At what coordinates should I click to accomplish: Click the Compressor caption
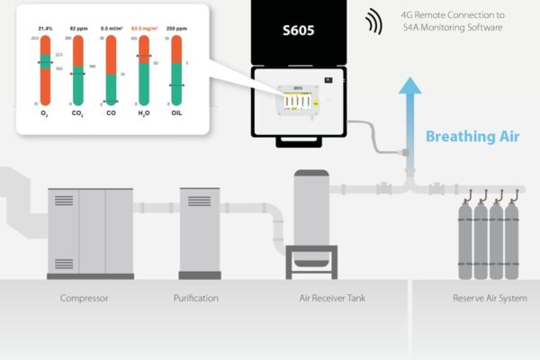pos(84,298)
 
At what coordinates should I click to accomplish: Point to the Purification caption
pos(195,298)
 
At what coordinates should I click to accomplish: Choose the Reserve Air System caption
pos(490,298)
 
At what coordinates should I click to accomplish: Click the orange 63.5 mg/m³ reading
pos(144,28)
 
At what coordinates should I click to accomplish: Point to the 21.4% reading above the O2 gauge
pos(45,28)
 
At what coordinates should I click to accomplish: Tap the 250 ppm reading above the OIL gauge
pos(176,28)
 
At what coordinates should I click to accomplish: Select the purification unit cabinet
pos(200,232)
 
